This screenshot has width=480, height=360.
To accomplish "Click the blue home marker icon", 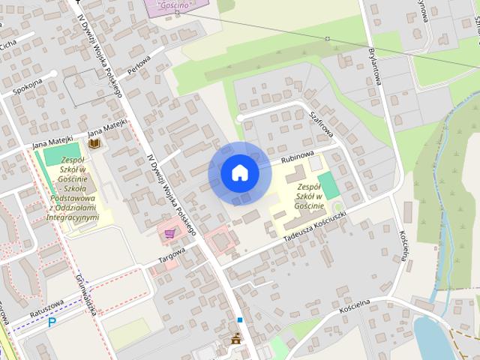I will [239, 173].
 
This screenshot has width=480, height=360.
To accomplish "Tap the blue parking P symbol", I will [52, 323].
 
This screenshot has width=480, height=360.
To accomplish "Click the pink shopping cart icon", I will [170, 234].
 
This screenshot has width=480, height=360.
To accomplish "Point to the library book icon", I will [95, 143].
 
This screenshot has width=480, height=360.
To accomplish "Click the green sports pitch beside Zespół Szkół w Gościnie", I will [328, 185].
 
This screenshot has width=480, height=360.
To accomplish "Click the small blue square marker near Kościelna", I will [240, 320].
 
